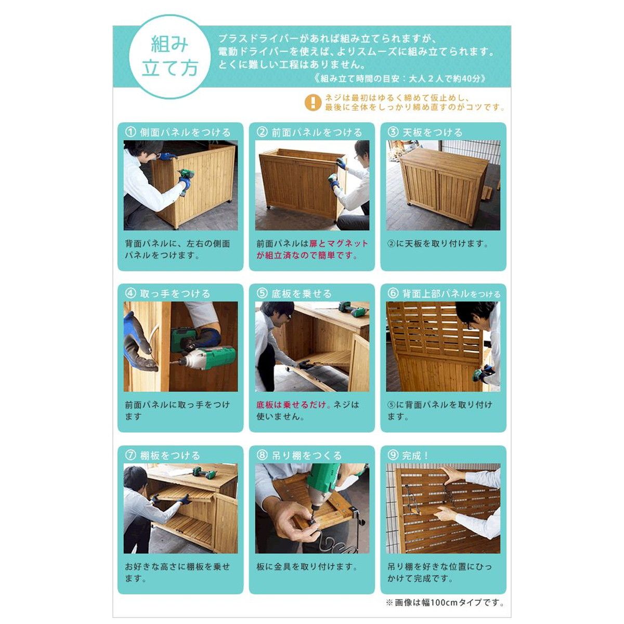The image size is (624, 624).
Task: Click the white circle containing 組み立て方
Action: click(x=170, y=56)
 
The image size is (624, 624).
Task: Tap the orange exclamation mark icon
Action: click(x=313, y=102)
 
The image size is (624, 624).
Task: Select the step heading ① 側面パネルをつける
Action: click(x=178, y=133)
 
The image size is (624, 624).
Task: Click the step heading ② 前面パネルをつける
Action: click(x=309, y=133)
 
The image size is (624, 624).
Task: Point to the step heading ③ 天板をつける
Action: click(x=425, y=133)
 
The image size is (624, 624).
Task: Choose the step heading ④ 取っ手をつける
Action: click(x=168, y=294)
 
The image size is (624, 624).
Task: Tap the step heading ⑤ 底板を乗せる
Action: click(x=294, y=294)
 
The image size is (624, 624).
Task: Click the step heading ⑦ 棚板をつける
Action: click(x=163, y=456)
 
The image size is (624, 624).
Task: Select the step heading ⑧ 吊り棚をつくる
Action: click(x=299, y=456)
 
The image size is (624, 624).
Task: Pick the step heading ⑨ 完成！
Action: click(x=408, y=456)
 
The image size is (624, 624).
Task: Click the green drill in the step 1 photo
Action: click(x=187, y=180)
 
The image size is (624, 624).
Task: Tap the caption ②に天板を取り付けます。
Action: click(x=438, y=243)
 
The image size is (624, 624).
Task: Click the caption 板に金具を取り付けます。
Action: click(x=307, y=566)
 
